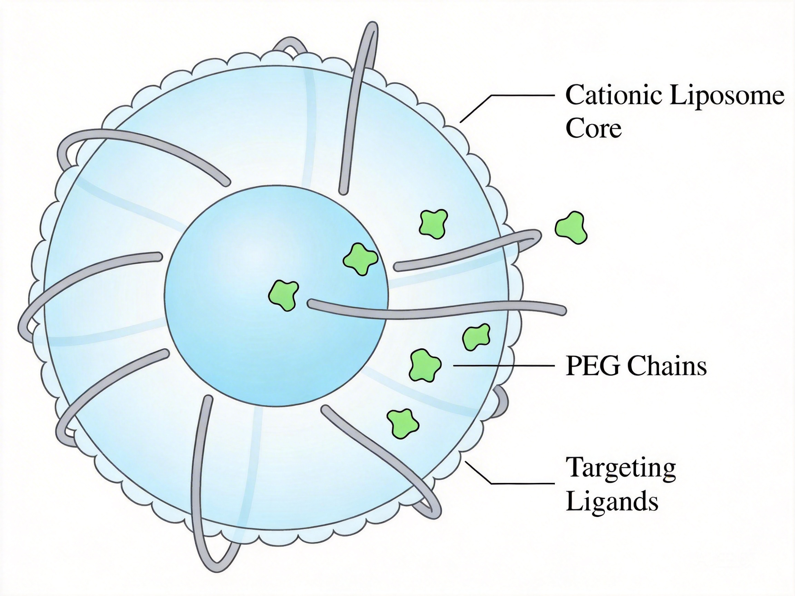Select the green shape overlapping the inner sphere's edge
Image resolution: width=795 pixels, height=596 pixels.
click(x=360, y=259)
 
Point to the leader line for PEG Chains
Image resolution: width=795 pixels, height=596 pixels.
click(x=503, y=365)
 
